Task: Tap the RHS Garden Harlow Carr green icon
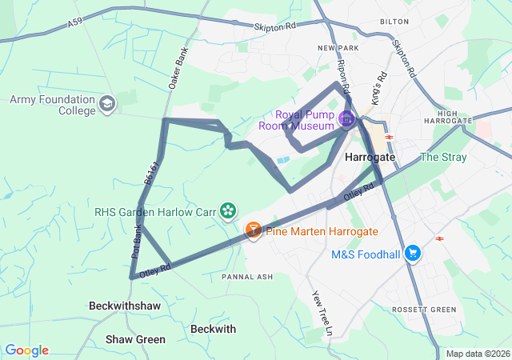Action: (x=229, y=211)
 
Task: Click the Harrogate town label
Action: (x=370, y=158)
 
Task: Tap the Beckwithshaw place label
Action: (x=125, y=306)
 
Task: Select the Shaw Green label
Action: (x=135, y=339)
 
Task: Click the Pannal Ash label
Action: (x=247, y=277)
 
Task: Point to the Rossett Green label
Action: (x=424, y=310)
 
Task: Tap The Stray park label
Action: (x=442, y=157)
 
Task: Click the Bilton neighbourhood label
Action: (x=394, y=22)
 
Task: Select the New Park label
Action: (x=335, y=48)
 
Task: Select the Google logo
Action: (x=26, y=350)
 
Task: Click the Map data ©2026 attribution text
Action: (x=477, y=354)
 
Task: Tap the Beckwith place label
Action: (x=214, y=329)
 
